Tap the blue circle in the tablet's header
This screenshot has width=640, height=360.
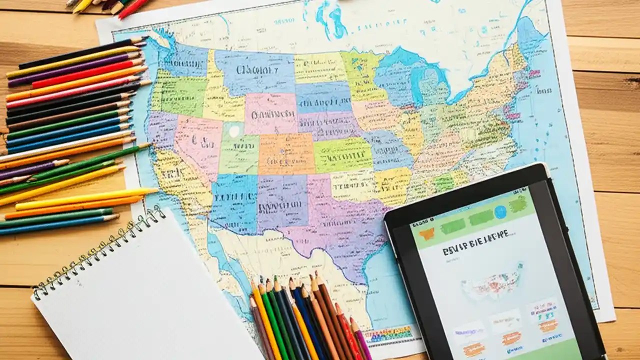coord(500,212)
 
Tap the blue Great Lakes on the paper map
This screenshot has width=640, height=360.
coord(410,75)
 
